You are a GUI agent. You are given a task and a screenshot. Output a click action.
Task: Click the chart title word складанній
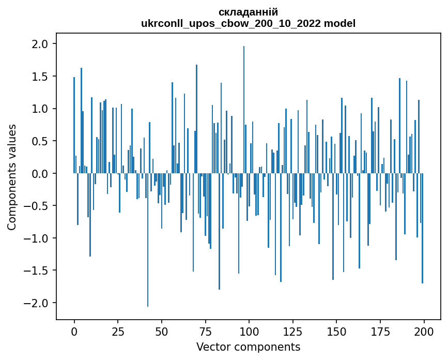pos(248,12)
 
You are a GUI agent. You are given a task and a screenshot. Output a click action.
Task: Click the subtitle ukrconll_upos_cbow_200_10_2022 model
pos(248,23)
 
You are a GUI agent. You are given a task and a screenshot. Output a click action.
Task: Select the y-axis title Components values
pos(11,177)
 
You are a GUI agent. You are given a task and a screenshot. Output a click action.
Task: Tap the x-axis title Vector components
pos(248,347)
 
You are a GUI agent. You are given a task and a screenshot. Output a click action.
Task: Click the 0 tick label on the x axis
pos(74,331)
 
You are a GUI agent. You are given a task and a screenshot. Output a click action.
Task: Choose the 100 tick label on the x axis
pos(249,331)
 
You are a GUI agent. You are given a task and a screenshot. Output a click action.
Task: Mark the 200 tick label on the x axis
pos(424,331)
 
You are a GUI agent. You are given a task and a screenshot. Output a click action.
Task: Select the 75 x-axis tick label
pos(205,331)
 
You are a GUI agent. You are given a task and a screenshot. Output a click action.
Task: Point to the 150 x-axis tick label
pos(336,331)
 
